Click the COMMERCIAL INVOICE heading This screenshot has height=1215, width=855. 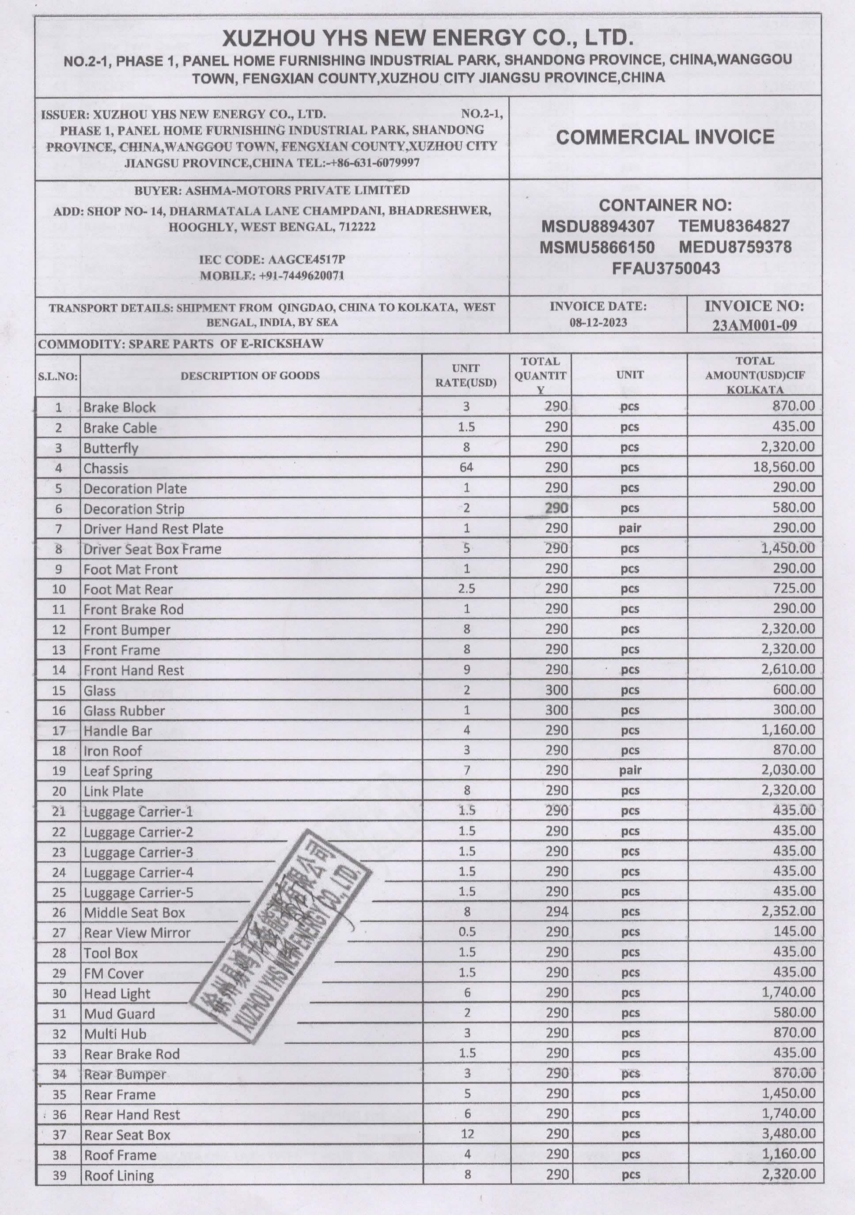pos(665,137)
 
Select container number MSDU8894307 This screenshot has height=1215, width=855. pos(597,226)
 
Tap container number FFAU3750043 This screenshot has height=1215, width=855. pos(666,268)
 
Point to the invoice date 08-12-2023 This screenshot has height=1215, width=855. pos(598,322)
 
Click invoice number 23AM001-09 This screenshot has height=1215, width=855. pos(754,325)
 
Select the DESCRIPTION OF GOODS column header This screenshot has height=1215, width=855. pos(250,376)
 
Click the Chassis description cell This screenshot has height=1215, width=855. pos(106,468)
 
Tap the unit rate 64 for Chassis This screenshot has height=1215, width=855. pos(466,467)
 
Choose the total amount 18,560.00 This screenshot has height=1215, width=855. pos(783,467)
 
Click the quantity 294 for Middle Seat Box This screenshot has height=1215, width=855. pos(556,911)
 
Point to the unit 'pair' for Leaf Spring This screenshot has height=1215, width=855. pos(630,770)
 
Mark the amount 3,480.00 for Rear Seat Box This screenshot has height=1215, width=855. pos(788,1133)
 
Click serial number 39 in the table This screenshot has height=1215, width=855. pos(59,1175)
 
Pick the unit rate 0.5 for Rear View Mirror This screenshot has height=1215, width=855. pos(467,932)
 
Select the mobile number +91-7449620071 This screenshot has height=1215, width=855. pos(301,275)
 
